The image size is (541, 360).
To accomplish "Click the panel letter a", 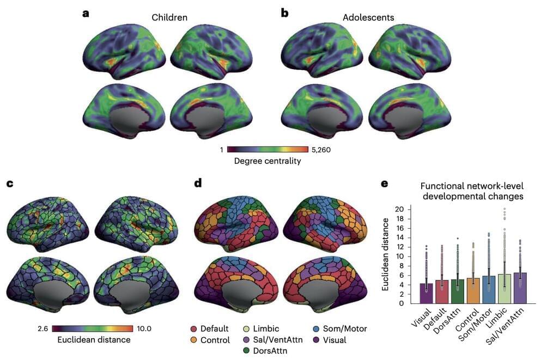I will (86, 13).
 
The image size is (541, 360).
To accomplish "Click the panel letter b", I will (284, 13).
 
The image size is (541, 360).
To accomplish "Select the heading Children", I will (169, 17).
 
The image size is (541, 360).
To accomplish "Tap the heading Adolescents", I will (368, 17).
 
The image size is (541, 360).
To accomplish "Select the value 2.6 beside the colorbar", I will (44, 328).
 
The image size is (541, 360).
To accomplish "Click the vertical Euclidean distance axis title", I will (386, 254).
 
